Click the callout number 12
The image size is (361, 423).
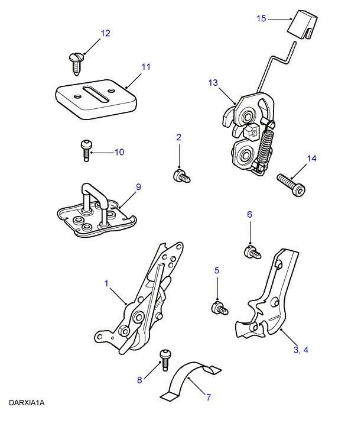point(105,34)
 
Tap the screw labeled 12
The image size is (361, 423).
point(76,61)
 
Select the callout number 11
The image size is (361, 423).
point(145,67)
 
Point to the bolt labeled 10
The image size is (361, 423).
point(86,149)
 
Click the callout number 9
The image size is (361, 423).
point(138,187)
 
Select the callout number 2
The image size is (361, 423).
point(178,137)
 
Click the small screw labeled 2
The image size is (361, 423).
point(181,175)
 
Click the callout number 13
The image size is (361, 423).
point(213,83)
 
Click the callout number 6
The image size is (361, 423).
point(249,215)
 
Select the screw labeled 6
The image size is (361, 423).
point(252,253)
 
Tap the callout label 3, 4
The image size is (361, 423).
point(300,350)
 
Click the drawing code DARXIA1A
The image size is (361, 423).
point(27,403)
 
